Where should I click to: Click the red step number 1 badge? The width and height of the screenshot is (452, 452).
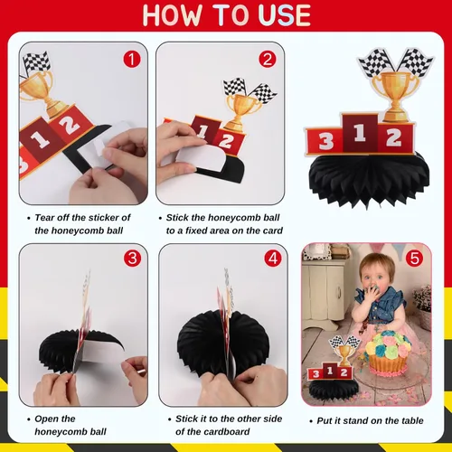point(132,59)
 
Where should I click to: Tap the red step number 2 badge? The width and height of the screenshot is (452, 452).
point(268,59)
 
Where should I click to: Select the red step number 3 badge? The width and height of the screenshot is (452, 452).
point(132,259)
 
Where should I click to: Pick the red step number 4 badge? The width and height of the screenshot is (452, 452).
point(273,259)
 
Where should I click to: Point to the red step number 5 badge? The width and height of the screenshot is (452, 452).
point(415,259)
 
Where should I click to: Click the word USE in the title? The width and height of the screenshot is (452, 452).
point(284,15)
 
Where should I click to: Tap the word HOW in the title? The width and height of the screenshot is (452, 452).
point(173,15)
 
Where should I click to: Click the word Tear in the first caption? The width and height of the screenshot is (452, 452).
point(44,217)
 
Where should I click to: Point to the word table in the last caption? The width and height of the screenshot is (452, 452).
point(412,420)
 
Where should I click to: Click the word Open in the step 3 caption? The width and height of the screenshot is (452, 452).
point(45,419)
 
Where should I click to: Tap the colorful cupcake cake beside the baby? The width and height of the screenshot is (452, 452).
point(388,353)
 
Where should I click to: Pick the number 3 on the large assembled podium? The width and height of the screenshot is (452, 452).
point(325,141)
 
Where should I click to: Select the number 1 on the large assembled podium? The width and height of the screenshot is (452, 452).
point(360,133)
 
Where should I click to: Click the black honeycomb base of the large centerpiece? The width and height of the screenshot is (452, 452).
point(369,179)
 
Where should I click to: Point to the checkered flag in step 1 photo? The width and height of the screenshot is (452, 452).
point(37,62)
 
